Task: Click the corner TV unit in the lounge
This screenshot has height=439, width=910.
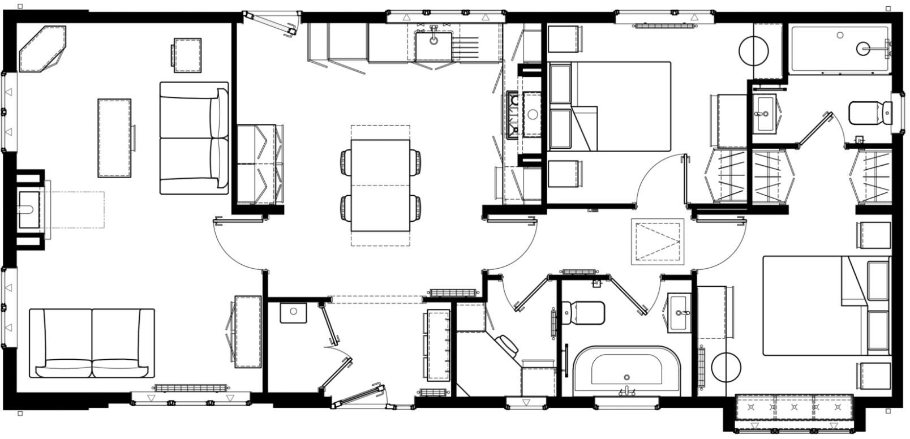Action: [x=42, y=49]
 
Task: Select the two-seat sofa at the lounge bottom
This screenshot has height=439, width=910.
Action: [x=92, y=343]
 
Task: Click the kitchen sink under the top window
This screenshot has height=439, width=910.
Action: [x=433, y=45]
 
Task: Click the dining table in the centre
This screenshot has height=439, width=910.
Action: [x=380, y=186]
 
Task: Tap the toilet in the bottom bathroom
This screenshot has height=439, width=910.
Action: [x=583, y=313]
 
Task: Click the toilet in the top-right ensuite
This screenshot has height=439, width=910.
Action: [x=870, y=113]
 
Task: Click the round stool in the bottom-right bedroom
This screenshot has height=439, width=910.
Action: [x=726, y=367]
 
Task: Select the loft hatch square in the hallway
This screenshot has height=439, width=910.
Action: [x=657, y=242]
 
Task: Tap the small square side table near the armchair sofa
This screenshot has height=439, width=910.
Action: [x=187, y=55]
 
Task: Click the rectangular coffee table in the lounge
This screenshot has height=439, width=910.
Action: [x=114, y=138]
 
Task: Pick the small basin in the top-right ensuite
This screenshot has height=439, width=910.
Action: [x=765, y=113]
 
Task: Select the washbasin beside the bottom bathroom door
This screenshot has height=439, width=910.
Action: [x=679, y=313]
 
